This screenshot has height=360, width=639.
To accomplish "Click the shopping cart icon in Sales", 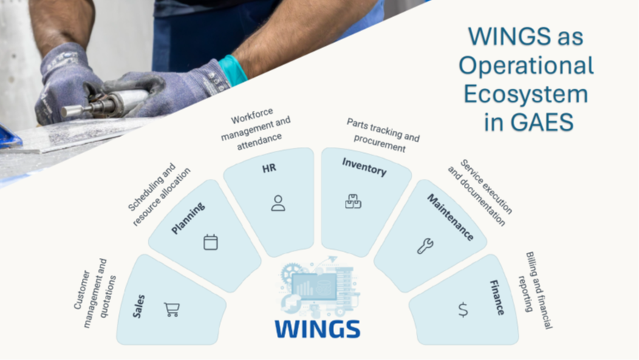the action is pyautogui.click(x=171, y=310).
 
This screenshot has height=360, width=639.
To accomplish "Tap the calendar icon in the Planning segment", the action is pyautogui.click(x=211, y=242).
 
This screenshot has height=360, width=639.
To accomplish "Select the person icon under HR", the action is pyautogui.click(x=278, y=203).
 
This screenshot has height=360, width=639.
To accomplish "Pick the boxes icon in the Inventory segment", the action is pyautogui.click(x=353, y=201).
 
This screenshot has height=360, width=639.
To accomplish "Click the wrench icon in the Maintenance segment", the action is pyautogui.click(x=425, y=246).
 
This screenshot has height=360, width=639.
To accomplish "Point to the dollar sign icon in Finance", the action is pyautogui.click(x=463, y=310).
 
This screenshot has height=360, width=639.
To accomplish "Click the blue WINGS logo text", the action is pyautogui.click(x=318, y=329).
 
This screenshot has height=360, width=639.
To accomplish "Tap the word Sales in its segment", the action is pyautogui.click(x=139, y=306).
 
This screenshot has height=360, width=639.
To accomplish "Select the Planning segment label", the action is pyautogui.click(x=188, y=219).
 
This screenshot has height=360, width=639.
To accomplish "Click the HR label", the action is pyautogui.click(x=269, y=168).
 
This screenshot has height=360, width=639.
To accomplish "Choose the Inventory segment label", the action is pyautogui.click(x=364, y=167).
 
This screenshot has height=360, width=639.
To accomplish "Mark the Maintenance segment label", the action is pyautogui.click(x=451, y=217).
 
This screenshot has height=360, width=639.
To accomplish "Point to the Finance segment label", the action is pyautogui.click(x=496, y=297).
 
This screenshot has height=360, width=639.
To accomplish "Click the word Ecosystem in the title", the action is pyautogui.click(x=526, y=94).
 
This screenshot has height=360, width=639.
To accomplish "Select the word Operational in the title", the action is pyautogui.click(x=526, y=66).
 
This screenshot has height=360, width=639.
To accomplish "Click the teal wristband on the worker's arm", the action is pyautogui.click(x=233, y=69).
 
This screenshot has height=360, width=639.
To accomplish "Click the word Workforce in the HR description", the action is pyautogui.click(x=252, y=116).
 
